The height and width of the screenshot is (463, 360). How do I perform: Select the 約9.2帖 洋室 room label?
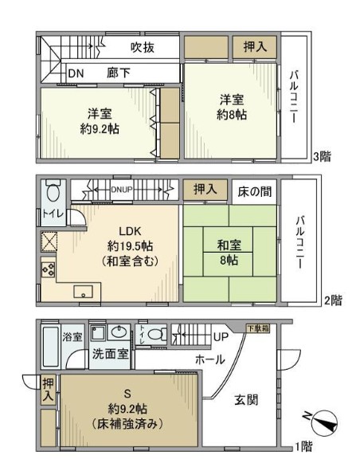click(x=98, y=120)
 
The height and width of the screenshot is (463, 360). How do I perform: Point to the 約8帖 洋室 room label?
click(x=233, y=107)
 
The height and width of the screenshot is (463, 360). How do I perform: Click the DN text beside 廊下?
click(x=76, y=73)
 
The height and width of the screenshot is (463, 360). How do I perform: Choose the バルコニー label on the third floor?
click(x=293, y=96)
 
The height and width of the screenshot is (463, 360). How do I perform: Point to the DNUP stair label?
click(x=121, y=189)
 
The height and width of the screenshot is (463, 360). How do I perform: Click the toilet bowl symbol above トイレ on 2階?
click(x=53, y=193)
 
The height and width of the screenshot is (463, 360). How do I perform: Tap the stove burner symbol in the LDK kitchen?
click(x=46, y=269)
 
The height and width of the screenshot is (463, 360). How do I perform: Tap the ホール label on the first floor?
click(x=209, y=359)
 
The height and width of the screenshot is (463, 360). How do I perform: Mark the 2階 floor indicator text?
click(x=335, y=300)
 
